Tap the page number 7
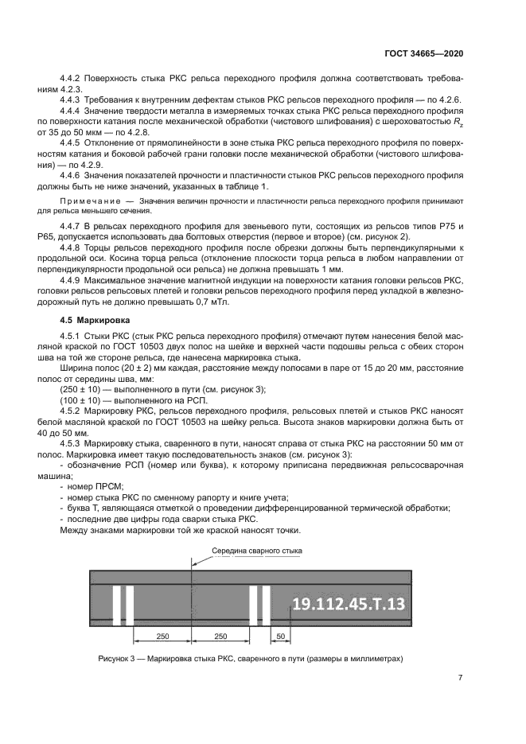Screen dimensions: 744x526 (x=460, y=678)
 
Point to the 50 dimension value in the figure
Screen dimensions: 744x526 (x=280, y=637)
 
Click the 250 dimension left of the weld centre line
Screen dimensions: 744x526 (x=162, y=637)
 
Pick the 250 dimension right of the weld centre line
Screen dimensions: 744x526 (x=221, y=637)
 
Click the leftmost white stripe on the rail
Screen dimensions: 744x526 (x=116, y=607)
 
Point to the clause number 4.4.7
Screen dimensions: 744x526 (x=73, y=227)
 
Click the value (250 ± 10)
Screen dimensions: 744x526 (x=76, y=388)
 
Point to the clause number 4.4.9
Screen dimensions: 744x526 (x=73, y=282)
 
